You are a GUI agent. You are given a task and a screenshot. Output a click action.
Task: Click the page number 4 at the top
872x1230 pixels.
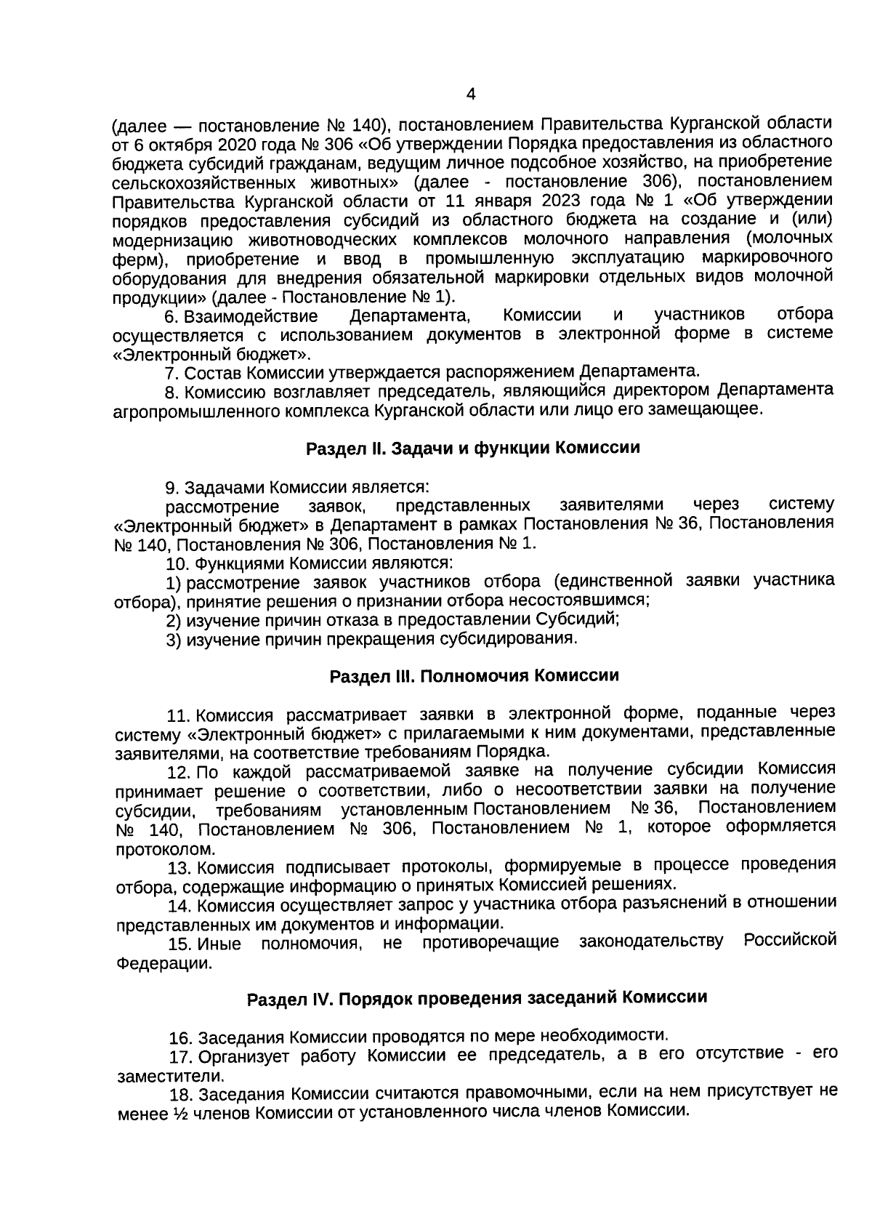[x=470, y=95]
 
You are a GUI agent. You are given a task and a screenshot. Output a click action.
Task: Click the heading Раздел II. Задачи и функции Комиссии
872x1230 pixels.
[x=472, y=448]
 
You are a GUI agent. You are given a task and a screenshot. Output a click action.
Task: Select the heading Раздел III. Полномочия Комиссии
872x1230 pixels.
[x=474, y=676]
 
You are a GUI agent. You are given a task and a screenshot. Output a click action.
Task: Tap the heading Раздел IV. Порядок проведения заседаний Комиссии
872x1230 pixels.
[x=477, y=997]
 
